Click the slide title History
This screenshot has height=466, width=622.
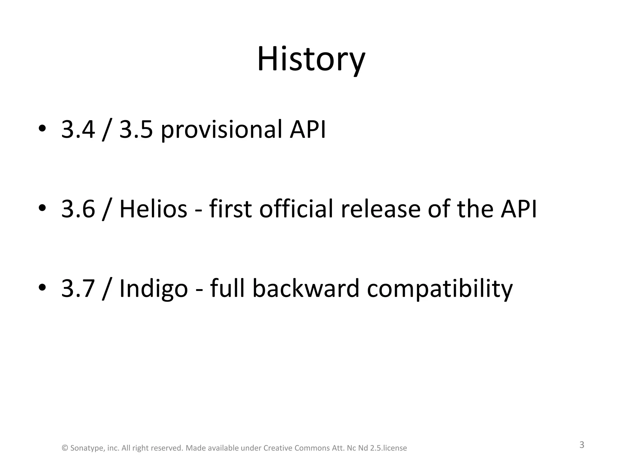point(311,59)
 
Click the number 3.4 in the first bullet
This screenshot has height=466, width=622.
point(78,130)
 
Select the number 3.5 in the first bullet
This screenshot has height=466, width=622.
point(136,130)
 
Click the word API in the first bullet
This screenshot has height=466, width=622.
point(307,130)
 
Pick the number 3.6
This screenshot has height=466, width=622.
point(78,209)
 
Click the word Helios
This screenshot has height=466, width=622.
point(153,209)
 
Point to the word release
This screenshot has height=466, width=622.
point(381,209)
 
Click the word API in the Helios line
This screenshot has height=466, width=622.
point(519,209)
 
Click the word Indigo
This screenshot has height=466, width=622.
point(153,289)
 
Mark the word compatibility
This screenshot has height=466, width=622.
point(439,289)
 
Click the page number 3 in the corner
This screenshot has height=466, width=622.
point(582,445)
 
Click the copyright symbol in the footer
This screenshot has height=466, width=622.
point(65,448)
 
